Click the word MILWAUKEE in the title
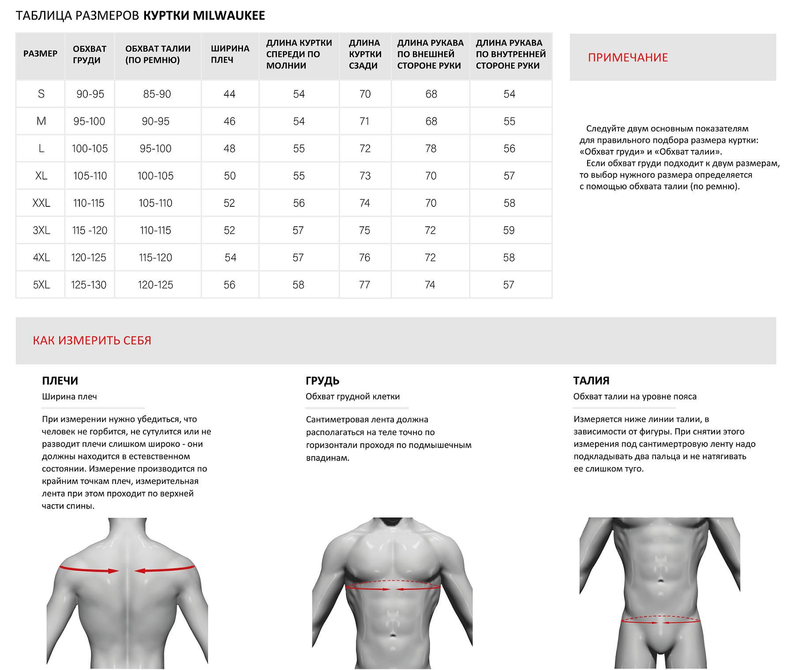click(x=228, y=15)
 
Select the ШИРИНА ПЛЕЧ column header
click(x=230, y=54)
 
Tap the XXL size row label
click(x=41, y=203)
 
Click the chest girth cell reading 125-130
click(x=89, y=285)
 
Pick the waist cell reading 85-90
click(x=157, y=94)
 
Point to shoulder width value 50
click(x=229, y=176)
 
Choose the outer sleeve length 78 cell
click(x=431, y=149)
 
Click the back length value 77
click(x=364, y=285)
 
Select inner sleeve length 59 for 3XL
click(x=509, y=230)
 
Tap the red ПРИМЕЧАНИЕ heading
click(x=627, y=57)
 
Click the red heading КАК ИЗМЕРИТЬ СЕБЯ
click(x=92, y=341)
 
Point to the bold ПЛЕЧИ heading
click(x=60, y=381)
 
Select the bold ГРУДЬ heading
click(x=322, y=381)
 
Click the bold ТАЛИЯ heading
click(x=591, y=381)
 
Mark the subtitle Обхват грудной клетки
click(x=352, y=397)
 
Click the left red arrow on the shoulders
click(x=88, y=569)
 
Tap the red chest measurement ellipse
click(x=393, y=585)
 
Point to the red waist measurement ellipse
click(x=660, y=620)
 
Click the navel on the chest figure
click(x=393, y=635)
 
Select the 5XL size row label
click(x=41, y=285)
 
